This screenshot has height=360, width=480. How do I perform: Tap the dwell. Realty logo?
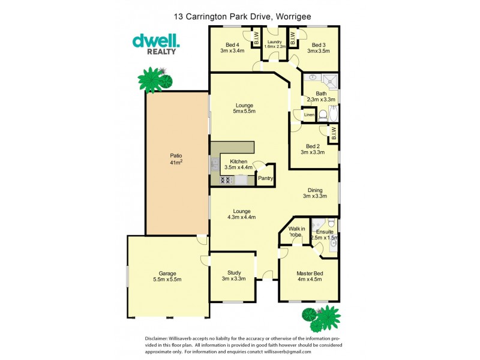coord(155,44)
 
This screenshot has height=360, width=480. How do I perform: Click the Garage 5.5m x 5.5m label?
coord(167,277)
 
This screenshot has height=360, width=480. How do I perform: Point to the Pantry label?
coord(265,178)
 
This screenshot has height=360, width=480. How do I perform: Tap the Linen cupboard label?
coord(309,115)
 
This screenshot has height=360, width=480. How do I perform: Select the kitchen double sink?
coord(214,162)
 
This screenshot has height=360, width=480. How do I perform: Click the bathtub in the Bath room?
coord(334,114)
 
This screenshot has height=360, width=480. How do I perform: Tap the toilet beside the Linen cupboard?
coord(322,115)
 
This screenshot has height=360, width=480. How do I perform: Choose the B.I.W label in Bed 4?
coord(256,40)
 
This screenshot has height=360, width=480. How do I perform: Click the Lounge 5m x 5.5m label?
coord(244,108)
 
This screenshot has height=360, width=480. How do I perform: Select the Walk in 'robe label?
coord(296,232)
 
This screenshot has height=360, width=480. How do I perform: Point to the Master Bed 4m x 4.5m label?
coord(310,277)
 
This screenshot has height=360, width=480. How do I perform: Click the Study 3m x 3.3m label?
coord(234,275)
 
